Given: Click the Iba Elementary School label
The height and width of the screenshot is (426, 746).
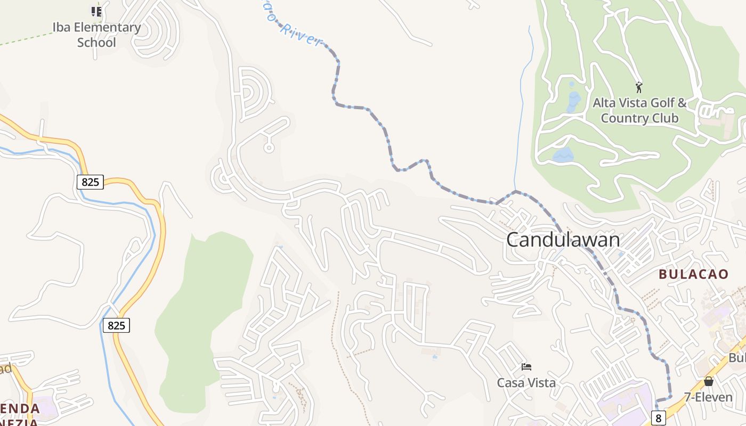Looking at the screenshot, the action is coord(96,35).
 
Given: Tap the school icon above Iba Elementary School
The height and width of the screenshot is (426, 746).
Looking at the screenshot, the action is coord(96,11).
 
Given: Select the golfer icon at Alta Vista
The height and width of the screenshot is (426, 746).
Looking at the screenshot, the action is coord(639,87).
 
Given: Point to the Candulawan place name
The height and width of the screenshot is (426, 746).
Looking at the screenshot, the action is coord(563,240).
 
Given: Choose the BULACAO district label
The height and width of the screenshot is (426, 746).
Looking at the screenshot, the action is coord(693,274).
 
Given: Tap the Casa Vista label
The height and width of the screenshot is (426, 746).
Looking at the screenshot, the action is coord(526,382).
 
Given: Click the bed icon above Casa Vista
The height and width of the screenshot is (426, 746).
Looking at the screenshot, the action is coord(526,367).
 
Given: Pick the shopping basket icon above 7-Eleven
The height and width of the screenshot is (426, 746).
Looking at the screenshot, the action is coord(708,381).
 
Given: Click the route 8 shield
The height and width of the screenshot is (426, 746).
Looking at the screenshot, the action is coord(659,419).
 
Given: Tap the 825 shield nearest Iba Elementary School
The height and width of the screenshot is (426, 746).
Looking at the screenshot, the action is coord(91,182).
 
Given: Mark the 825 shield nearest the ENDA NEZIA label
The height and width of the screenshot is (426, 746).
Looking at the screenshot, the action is coord(116,325).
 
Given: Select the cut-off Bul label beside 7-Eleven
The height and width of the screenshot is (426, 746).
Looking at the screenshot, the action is coord(737,358).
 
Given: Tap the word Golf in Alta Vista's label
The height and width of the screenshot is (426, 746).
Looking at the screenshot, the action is coord(661,102).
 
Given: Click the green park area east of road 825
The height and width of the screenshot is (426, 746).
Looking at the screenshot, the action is coord(208,309).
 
